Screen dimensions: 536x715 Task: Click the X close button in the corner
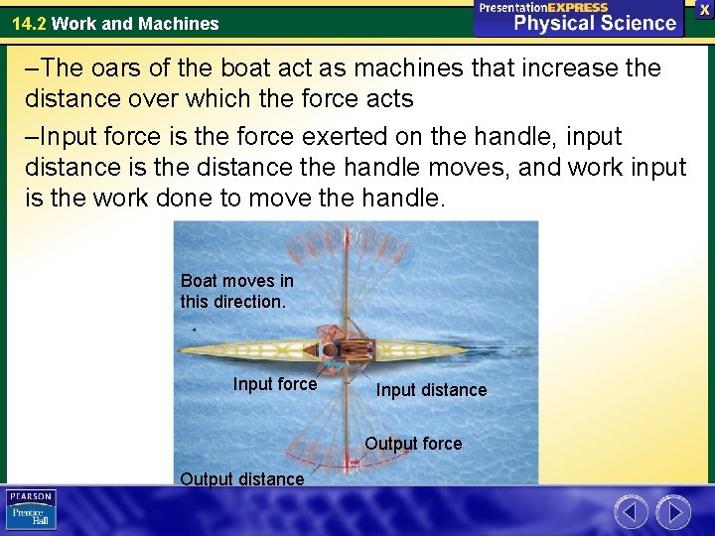704,9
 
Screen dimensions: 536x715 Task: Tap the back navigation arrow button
631,512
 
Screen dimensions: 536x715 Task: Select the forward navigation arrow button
673,512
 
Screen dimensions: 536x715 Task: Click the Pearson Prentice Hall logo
31,509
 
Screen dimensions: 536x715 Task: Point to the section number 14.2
29,23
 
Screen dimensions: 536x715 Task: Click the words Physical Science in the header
594,23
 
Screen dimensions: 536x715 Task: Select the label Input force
275,384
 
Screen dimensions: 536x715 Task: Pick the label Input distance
431,390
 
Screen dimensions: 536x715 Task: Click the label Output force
413,444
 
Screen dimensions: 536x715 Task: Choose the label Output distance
242,479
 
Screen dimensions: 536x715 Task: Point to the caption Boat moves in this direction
237,291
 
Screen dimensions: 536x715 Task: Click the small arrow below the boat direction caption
194,329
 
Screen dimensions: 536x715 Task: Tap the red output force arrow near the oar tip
352,464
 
